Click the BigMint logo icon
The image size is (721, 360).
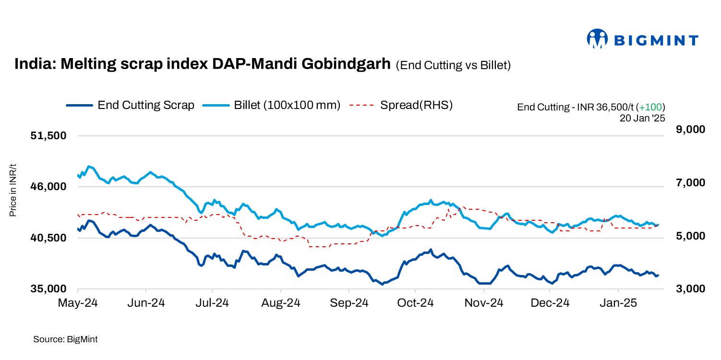point(598,39)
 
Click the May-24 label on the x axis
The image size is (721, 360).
point(78,303)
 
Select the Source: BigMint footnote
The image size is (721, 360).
point(65,339)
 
